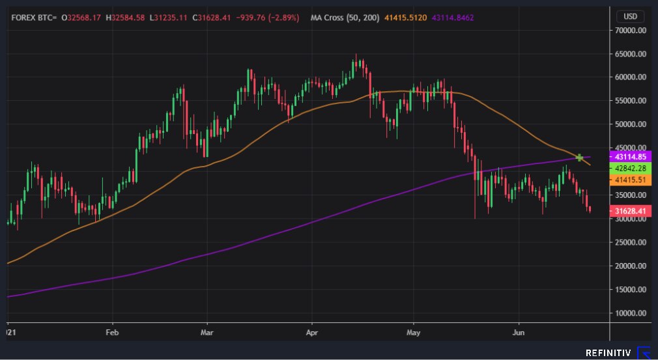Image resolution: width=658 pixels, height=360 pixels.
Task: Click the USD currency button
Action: [x=630, y=16]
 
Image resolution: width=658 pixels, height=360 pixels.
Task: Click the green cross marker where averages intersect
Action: [x=579, y=158]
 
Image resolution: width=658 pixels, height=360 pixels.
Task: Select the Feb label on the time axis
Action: [x=112, y=332]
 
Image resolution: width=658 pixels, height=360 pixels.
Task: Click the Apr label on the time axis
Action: [x=311, y=332]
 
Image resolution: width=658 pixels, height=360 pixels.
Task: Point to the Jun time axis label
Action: [x=519, y=332]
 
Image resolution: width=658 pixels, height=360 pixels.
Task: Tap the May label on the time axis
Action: [x=414, y=332]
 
